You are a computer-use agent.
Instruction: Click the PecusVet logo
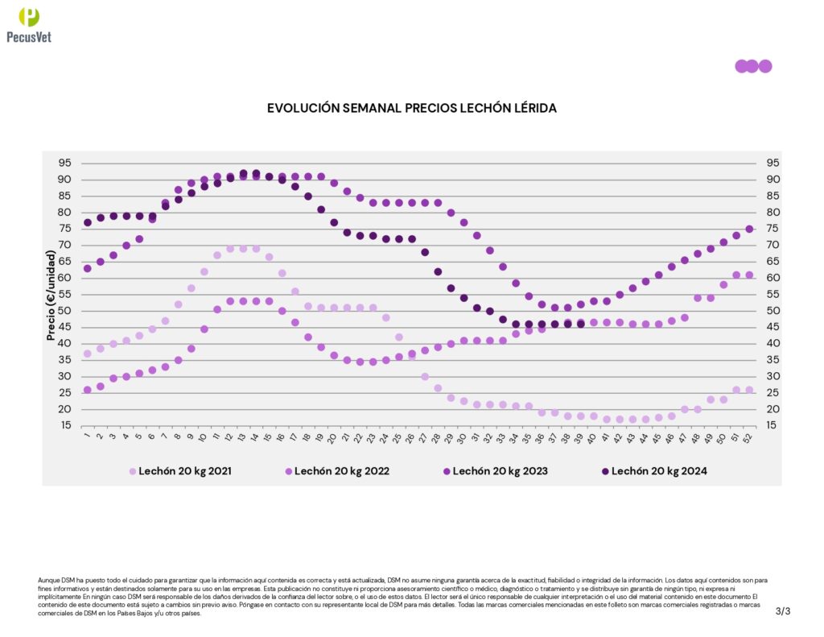(29, 24)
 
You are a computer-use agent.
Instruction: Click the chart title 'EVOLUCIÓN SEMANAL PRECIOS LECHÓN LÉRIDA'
(411, 108)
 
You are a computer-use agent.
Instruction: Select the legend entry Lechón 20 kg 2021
(185, 471)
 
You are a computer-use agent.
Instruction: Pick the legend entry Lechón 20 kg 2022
(342, 471)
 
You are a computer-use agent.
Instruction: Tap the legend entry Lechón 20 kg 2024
(659, 471)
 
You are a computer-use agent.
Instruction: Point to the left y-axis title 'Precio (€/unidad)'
(51, 295)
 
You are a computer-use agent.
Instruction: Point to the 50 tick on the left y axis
(64, 311)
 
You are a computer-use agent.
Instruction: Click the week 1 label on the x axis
(86, 438)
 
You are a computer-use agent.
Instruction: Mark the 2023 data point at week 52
(749, 229)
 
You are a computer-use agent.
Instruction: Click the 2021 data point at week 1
(87, 354)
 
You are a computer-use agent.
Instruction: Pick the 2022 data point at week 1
(87, 390)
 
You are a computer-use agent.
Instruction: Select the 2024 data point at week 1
(87, 222)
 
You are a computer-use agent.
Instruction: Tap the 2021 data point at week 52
(749, 390)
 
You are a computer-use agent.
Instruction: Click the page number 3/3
(783, 611)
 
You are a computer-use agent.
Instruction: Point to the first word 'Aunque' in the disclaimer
(48, 580)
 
